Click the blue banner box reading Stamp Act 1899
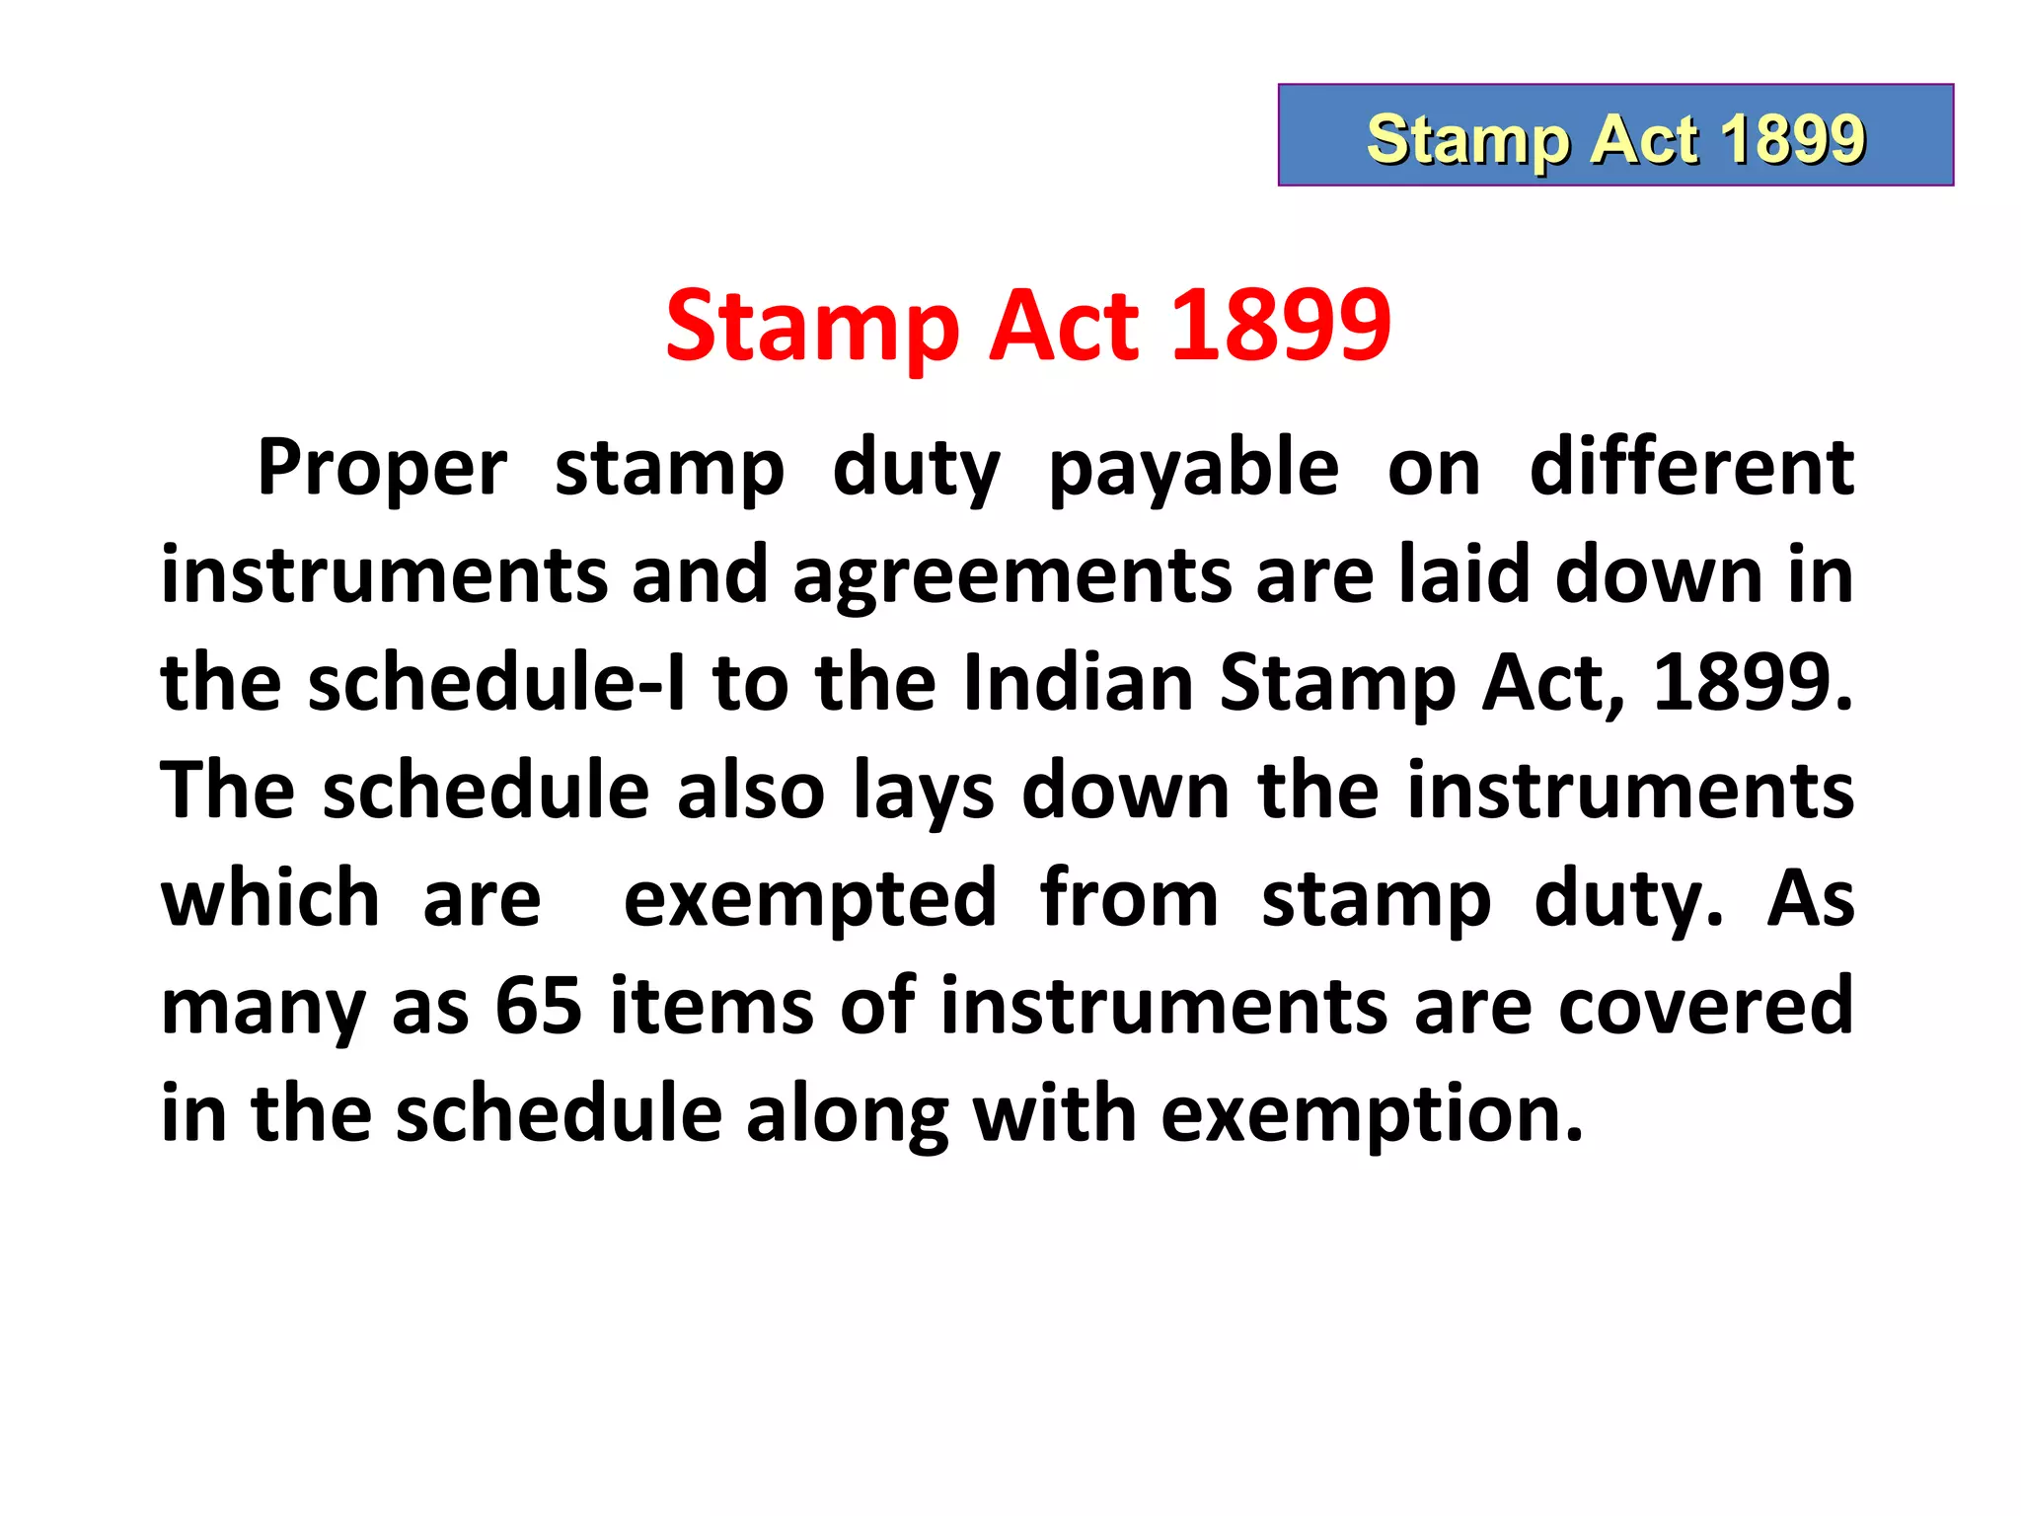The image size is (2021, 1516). pyautogui.click(x=1615, y=135)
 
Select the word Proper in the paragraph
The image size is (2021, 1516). pyautogui.click(x=382, y=469)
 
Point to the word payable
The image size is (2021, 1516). pyautogui.click(x=1193, y=469)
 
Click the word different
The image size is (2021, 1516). pyautogui.click(x=1691, y=469)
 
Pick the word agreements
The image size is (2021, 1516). pyautogui.click(x=1011, y=576)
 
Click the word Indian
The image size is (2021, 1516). pyautogui.click(x=1078, y=683)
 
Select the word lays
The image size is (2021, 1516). pyautogui.click(x=924, y=793)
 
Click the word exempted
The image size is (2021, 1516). pyautogui.click(x=810, y=900)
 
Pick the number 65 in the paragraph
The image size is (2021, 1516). pyautogui.click(x=539, y=1006)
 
